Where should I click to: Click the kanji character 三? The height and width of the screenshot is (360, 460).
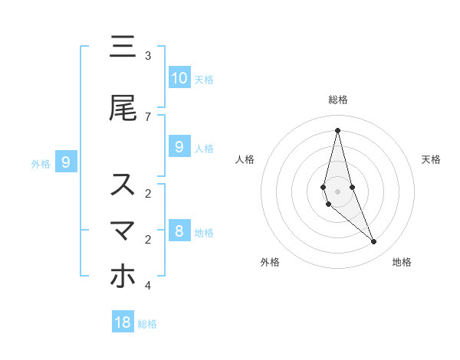point(123,47)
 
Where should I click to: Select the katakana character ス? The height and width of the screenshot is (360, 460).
point(123,185)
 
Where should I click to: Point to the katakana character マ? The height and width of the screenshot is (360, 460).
point(123,231)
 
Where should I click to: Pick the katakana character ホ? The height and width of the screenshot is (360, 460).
point(123,277)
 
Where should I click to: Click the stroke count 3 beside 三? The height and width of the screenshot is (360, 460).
point(148,56)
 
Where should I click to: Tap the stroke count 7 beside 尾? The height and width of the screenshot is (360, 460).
point(148,116)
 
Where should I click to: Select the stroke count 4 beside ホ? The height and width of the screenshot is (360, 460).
point(148,286)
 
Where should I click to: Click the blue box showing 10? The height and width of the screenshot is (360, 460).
point(179,77)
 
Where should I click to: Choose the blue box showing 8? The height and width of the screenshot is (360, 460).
point(179,231)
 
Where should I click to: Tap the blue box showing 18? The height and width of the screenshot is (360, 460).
point(123,322)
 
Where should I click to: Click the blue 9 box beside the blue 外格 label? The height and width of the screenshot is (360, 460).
point(66,162)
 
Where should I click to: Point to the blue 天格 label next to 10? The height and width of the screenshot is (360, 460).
point(203,80)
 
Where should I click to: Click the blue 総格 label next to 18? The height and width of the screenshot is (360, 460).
point(147,324)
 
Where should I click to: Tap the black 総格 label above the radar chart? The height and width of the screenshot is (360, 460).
point(337,100)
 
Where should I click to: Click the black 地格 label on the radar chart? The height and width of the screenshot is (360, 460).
point(402,262)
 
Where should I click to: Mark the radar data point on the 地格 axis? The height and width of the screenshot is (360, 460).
point(373,242)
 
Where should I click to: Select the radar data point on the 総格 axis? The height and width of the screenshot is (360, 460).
point(337,129)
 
